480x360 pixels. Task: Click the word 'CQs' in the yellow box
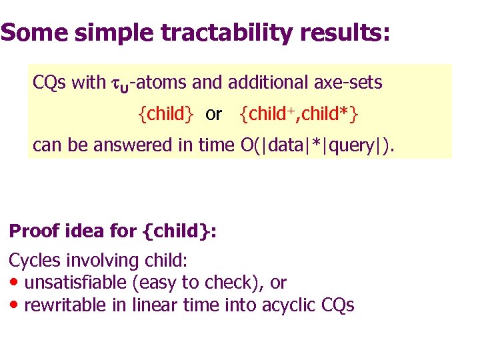click(49, 83)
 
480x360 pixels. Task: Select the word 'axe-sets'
click(352, 83)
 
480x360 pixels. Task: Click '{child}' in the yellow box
click(165, 114)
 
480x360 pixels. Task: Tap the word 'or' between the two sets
click(213, 115)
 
